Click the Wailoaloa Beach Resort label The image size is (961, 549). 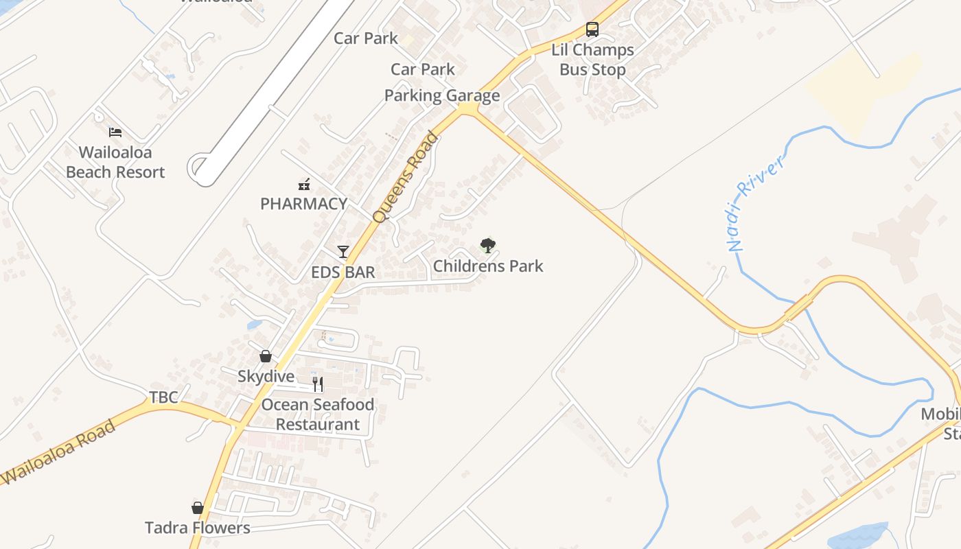(115, 163)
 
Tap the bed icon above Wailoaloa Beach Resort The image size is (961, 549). (115, 132)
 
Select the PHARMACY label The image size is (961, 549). (303, 204)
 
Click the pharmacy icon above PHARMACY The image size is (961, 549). (303, 184)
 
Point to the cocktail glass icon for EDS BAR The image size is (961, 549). (343, 252)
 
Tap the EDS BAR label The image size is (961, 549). (343, 272)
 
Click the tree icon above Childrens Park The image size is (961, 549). (487, 245)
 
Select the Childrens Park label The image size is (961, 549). (488, 266)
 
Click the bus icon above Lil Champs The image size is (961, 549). (592, 30)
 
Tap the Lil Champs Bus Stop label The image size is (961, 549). (592, 60)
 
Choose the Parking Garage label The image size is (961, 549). (442, 95)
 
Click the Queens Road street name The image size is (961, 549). (405, 177)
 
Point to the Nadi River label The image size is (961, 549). (755, 203)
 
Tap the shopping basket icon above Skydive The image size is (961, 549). (266, 356)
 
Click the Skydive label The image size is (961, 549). (266, 377)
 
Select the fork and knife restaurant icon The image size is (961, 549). (317, 384)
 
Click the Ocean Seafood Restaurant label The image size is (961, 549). (318, 414)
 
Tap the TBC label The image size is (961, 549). (163, 397)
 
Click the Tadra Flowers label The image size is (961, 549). (198, 528)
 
